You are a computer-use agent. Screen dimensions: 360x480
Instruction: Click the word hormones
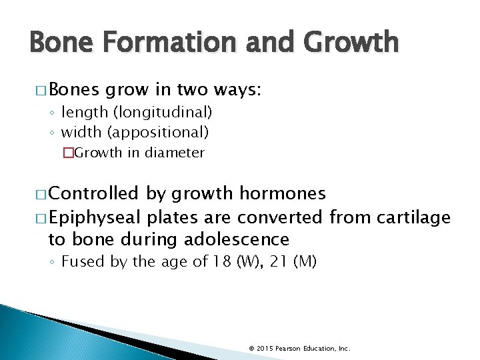click(x=283, y=194)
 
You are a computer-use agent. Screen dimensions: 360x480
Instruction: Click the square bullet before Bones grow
click(x=37, y=91)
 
